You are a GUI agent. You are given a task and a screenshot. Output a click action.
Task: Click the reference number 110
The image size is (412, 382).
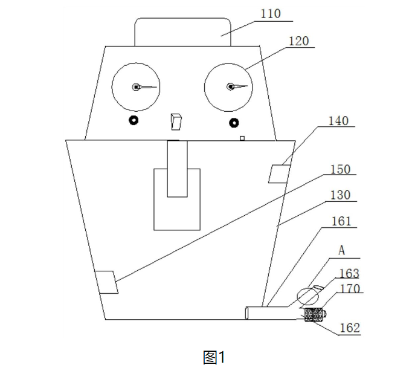pos(271,14)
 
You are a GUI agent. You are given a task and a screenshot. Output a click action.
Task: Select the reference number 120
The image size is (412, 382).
pos(299,42)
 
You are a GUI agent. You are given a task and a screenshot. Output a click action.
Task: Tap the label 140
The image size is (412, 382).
pos(338,121)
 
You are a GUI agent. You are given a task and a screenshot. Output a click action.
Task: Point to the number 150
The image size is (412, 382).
pos(340,170)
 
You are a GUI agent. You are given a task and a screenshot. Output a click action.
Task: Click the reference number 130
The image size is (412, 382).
pos(340,196)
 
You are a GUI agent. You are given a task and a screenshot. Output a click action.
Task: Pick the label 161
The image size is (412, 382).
pos(340,222)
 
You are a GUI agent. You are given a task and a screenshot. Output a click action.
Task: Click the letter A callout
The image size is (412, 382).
pos(341,250)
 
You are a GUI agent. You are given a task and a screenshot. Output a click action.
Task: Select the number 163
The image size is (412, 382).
pos(349,274)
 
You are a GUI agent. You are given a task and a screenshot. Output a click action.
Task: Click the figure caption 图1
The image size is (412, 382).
pos(214,358)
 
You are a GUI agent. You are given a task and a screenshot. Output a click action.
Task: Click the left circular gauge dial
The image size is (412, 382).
pos(136,86)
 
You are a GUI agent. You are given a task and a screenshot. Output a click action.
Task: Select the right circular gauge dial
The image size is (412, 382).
pos(229,86)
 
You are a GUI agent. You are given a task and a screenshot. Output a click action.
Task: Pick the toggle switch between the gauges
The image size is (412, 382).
pos(176,121)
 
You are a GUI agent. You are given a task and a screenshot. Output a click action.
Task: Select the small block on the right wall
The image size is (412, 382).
pos(280,173)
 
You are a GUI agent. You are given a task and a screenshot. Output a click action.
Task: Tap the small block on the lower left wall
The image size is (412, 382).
pos(107,282)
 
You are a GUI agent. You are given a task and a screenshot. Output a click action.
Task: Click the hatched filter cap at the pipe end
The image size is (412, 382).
pos(314,315)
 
